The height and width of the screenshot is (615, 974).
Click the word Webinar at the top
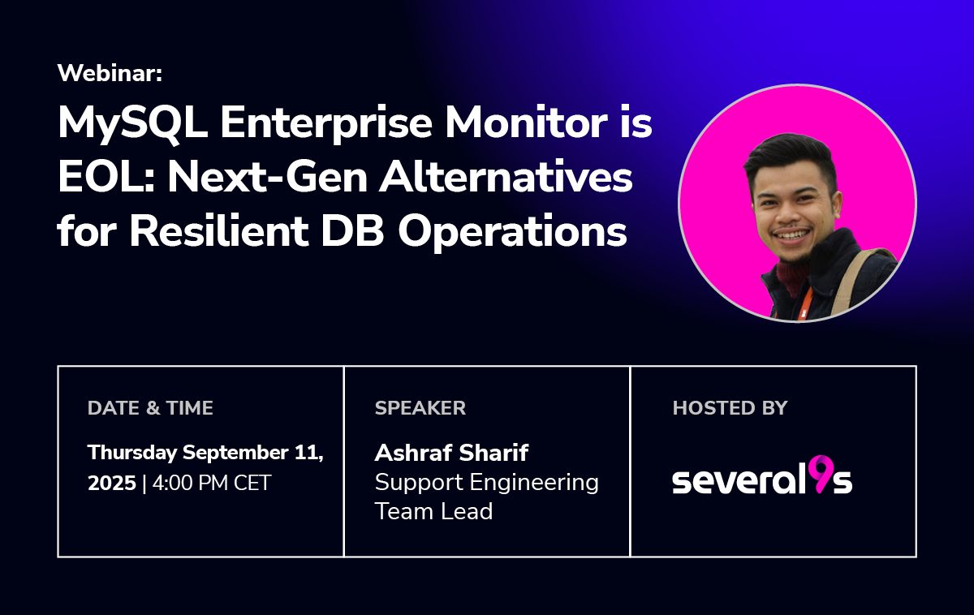[x=110, y=72]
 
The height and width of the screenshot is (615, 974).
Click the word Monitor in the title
[x=526, y=123]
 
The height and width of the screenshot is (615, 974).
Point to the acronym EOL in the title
[x=106, y=178]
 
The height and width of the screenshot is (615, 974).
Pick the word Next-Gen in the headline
[x=267, y=178]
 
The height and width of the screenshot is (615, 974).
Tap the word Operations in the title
[x=512, y=233]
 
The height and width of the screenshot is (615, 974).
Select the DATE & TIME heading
[x=150, y=408]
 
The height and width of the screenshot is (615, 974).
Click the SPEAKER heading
[x=420, y=408]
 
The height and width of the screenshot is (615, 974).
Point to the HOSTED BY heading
[x=730, y=408]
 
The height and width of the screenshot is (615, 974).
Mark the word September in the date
[x=235, y=454]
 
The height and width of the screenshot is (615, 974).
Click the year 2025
[x=112, y=483]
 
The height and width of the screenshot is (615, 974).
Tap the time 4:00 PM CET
[x=212, y=483]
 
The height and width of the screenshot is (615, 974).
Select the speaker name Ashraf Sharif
[x=451, y=453]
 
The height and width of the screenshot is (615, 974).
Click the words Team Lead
[x=433, y=511]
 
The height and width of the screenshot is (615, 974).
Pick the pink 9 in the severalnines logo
[x=824, y=474]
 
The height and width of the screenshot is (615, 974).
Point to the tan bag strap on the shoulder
[x=855, y=282]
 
